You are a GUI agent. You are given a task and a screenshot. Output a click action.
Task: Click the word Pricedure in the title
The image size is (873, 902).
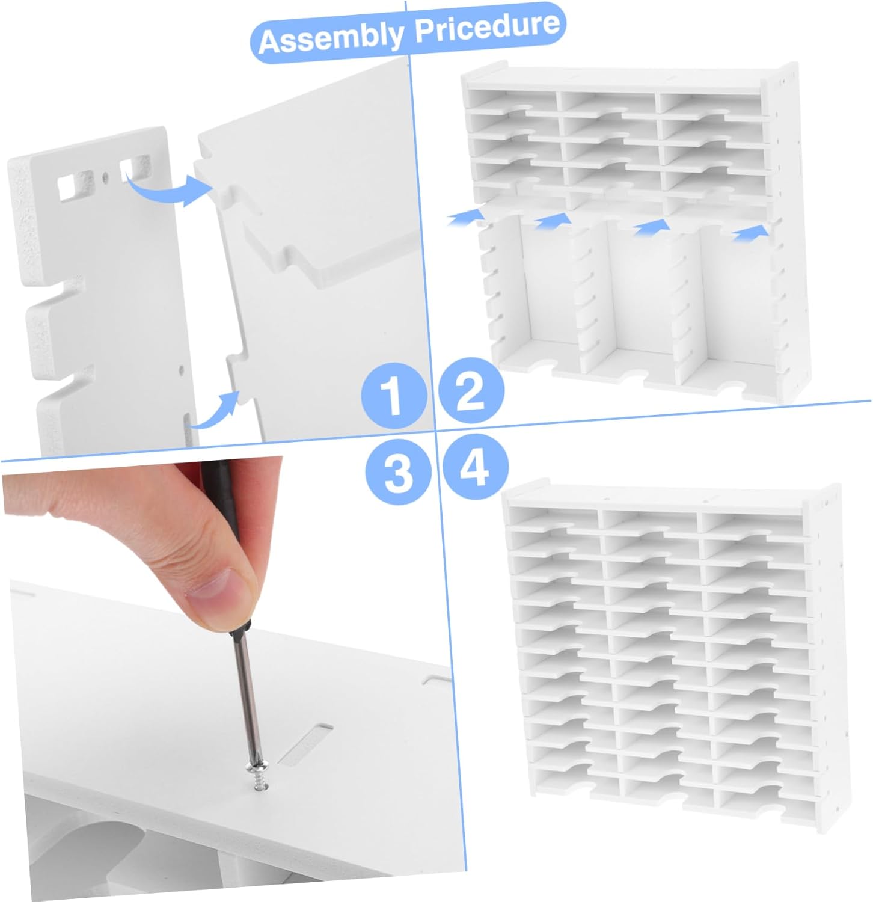[487, 26]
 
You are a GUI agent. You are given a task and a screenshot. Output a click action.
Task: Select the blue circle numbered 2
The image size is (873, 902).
[471, 391]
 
